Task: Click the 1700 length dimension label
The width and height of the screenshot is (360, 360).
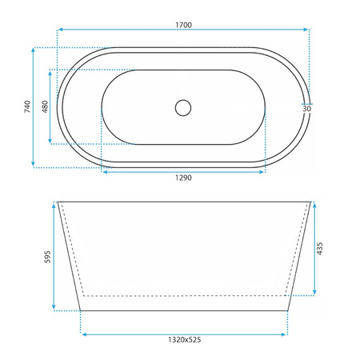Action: (x=183, y=25)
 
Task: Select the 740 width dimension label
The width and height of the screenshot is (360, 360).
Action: (x=27, y=106)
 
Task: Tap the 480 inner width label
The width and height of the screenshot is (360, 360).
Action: (x=45, y=106)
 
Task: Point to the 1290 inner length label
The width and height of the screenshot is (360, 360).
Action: (x=183, y=178)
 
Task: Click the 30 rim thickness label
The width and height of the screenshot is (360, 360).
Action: (x=307, y=109)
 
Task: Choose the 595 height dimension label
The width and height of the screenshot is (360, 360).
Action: (x=47, y=257)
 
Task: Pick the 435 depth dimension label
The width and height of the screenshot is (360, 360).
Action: (x=320, y=249)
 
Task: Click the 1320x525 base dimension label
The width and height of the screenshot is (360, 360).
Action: (x=184, y=340)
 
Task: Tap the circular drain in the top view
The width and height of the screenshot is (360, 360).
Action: (x=183, y=108)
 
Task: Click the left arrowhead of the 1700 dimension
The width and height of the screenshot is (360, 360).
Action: (x=60, y=30)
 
